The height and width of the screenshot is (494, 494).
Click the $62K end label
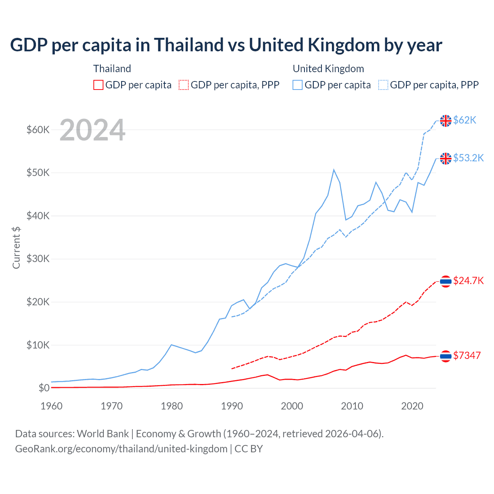coord(465,120)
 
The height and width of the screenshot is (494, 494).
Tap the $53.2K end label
coord(468,158)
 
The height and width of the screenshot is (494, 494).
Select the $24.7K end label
coord(468,281)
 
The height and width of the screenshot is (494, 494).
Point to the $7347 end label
coord(467,355)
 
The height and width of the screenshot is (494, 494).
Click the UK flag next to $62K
coord(446,121)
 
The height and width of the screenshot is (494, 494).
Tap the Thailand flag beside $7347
coord(446,356)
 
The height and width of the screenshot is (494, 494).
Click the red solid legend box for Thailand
coord(98,85)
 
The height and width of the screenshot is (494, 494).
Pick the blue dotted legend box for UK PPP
coord(383,85)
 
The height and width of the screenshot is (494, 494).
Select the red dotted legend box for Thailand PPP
coord(184,85)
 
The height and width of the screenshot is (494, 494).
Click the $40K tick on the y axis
coord(38,216)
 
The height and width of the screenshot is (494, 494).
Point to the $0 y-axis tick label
coord(44,388)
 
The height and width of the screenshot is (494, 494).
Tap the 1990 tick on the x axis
coord(232,406)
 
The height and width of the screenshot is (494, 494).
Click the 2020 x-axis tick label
coord(412,406)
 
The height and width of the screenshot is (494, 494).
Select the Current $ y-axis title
coord(16,248)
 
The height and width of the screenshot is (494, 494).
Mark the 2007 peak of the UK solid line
coord(334,170)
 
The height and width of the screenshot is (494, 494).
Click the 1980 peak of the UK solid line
coord(171,345)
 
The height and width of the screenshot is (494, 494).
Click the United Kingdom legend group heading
coord(328,69)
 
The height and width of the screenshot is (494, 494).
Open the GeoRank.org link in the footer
coord(121,449)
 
